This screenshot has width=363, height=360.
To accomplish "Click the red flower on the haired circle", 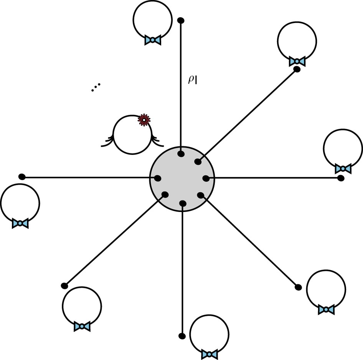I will pos(144,120).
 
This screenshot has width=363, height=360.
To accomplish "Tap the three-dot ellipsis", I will pos(96,87).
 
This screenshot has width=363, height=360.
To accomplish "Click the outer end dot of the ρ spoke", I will pos(181,20).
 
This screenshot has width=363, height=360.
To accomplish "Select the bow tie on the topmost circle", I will pos(152,40).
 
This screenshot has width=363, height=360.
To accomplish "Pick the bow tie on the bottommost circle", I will pos(209,353).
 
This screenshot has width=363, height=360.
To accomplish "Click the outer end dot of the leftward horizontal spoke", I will pos(22,177).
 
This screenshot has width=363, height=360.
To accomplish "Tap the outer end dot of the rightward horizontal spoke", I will pos(341,178).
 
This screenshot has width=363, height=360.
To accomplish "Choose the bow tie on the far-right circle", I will pos(343,168).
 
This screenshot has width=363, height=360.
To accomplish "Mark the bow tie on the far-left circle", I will pos(20,224).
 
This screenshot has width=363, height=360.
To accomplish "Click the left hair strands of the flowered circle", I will pos(107,141).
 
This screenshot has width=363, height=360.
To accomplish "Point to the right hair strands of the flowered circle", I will pos(157,141).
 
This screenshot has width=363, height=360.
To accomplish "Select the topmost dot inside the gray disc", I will pos(181,154).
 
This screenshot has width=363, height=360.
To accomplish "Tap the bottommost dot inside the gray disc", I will pos(183,203).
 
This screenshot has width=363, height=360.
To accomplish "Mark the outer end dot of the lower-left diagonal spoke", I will pos(64,286).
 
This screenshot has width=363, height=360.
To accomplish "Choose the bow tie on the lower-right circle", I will pos(326,309).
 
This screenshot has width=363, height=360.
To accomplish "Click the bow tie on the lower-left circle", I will pos(82,326).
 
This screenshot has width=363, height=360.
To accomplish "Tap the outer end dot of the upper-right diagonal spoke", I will pos(297,69).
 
